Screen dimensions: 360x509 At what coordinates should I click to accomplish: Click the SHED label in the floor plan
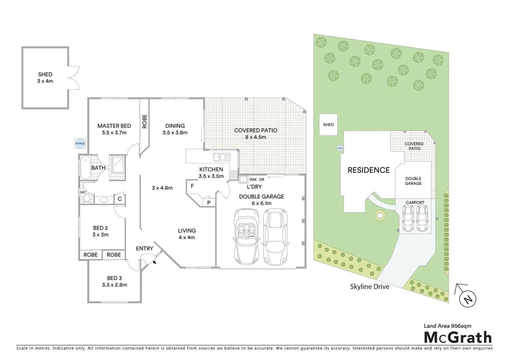(45, 74)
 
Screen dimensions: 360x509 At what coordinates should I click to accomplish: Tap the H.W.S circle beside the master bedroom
(80, 143)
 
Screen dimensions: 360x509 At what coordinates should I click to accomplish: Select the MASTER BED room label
(114, 126)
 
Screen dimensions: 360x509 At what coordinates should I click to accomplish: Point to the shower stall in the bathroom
(118, 164)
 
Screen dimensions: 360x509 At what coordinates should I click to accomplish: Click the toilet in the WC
(87, 199)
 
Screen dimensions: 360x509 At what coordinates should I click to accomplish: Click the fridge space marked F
(192, 186)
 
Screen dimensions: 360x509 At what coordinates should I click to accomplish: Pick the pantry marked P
(209, 202)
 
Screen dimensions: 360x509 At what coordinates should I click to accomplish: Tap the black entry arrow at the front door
(154, 263)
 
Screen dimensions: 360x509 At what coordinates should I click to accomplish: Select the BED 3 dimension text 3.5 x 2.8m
(114, 285)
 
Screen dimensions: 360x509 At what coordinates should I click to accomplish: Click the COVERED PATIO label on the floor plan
(255, 130)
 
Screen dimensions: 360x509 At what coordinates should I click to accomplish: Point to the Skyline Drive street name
(369, 287)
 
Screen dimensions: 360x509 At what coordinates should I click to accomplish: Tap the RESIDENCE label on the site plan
(368, 170)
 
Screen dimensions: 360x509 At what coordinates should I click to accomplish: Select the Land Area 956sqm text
(447, 326)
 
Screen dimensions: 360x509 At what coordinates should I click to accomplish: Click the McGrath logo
(457, 337)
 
